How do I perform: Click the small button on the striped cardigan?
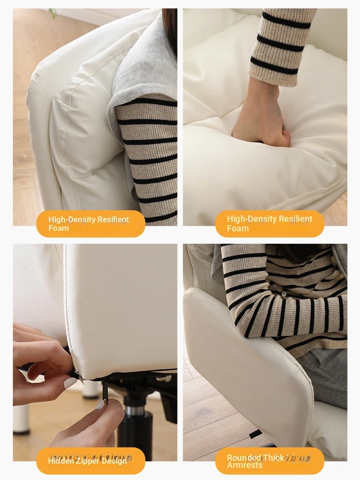(284, 294)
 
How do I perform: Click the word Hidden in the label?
(56, 461)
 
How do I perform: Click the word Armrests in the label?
(245, 465)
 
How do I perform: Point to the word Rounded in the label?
(244, 457)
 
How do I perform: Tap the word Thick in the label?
(274, 457)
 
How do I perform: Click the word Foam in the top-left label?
(59, 228)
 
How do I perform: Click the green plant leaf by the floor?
(52, 13)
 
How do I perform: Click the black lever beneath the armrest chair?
(255, 434)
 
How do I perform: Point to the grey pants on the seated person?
(324, 376)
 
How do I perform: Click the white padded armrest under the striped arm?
(248, 367)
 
